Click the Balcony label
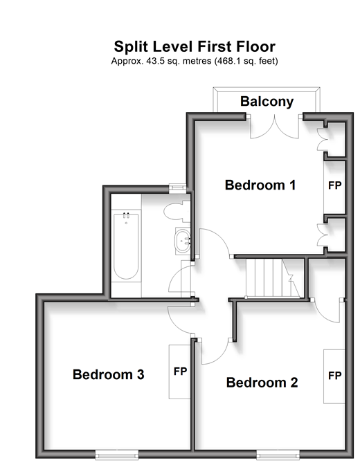pyautogui.click(x=267, y=102)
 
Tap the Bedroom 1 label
pyautogui.click(x=260, y=185)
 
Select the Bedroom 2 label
pyautogui.click(x=262, y=383)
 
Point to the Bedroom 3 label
pyautogui.click(x=109, y=374)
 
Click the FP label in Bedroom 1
pyautogui.click(x=334, y=185)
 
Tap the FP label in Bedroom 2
pyautogui.click(x=334, y=376)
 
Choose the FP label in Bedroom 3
pyautogui.click(x=180, y=372)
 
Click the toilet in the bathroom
pyautogui.click(x=177, y=211)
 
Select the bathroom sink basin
pyautogui.click(x=182, y=241)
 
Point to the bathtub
pyautogui.click(x=126, y=246)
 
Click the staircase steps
pyautogui.click(x=273, y=278)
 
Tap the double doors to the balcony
pyautogui.click(x=274, y=127)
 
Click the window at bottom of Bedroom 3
pyautogui.click(x=117, y=455)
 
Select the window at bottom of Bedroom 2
pyautogui.click(x=278, y=455)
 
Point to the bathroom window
pyautogui.click(x=178, y=188)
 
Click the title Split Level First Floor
pyautogui.click(x=195, y=46)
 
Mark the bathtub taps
pyautogui.click(x=126, y=215)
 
